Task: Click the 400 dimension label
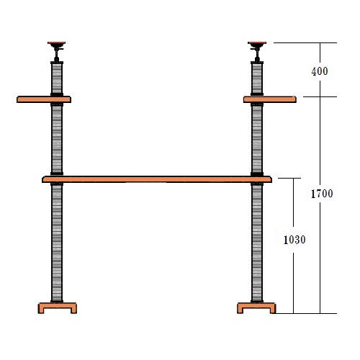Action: pyautogui.click(x=320, y=71)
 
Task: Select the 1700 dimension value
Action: pyautogui.click(x=322, y=194)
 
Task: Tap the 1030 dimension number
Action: pyautogui.click(x=294, y=240)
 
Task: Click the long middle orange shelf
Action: pyautogui.click(x=157, y=179)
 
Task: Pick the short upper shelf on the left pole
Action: pyautogui.click(x=44, y=99)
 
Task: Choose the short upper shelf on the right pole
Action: pyautogui.click(x=270, y=99)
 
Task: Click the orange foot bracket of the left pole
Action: pyautogui.click(x=58, y=308)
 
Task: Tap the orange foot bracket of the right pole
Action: pyautogui.click(x=256, y=308)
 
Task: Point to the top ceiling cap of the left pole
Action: pyautogui.click(x=56, y=43)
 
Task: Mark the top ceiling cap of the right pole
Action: pyautogui.click(x=257, y=43)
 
